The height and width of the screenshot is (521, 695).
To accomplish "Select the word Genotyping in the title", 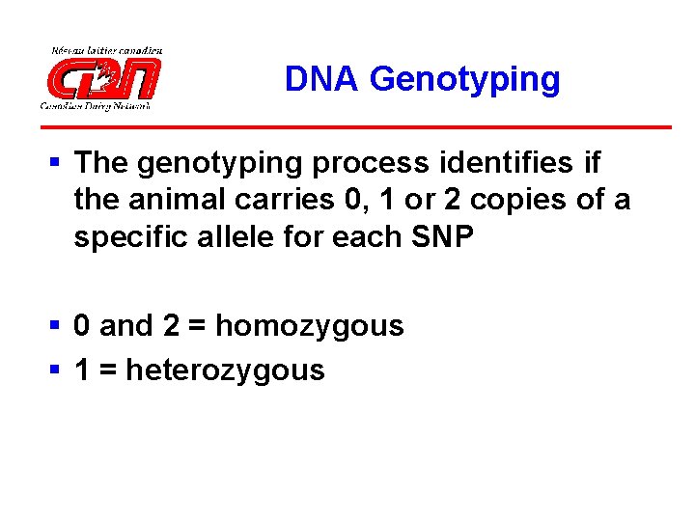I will click(x=464, y=80).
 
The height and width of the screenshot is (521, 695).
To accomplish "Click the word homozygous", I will click(x=309, y=327).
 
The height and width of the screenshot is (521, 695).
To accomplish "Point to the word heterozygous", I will click(x=225, y=370).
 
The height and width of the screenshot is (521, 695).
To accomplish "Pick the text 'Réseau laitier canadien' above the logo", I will click(x=106, y=50).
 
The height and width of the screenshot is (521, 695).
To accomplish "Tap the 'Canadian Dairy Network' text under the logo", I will click(x=95, y=105).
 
